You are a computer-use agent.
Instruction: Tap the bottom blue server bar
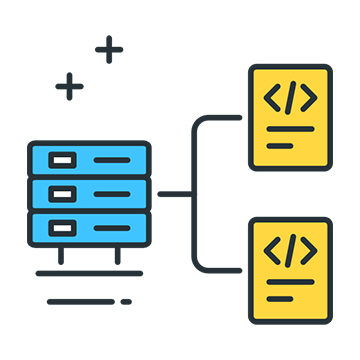tap(89, 225)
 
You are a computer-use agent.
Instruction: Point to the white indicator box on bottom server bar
tap(62, 225)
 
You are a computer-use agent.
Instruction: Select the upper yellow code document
tap(291, 117)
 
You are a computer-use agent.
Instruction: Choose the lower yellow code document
tap(291, 270)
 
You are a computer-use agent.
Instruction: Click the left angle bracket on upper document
tap(272, 98)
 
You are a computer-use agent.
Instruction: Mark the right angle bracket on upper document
tap(310, 98)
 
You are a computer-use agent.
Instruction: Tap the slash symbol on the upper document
tap(291, 98)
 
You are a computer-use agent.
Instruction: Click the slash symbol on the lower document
tap(291, 250)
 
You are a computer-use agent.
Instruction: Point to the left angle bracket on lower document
tap(272, 250)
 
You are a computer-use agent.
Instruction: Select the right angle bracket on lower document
tap(310, 250)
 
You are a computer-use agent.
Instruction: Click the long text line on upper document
tap(291, 130)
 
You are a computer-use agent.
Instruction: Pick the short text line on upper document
tap(280, 146)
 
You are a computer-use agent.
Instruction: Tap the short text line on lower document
tap(280, 298)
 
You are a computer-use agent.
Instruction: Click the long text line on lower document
tap(291, 282)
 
